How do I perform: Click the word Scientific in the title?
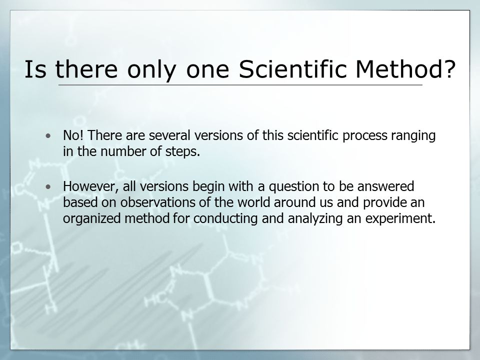tap(292, 68)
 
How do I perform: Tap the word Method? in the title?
tap(405, 68)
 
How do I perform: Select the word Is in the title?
tap(35, 68)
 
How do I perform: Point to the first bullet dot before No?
tap(48, 135)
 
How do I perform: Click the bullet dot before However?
tap(48, 186)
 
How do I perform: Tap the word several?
tap(169, 135)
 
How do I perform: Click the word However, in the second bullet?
tap(91, 186)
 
